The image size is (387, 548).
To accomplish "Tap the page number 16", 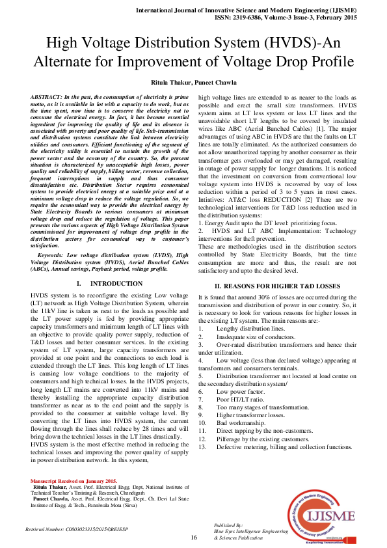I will pyautogui.click(x=193, y=538).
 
